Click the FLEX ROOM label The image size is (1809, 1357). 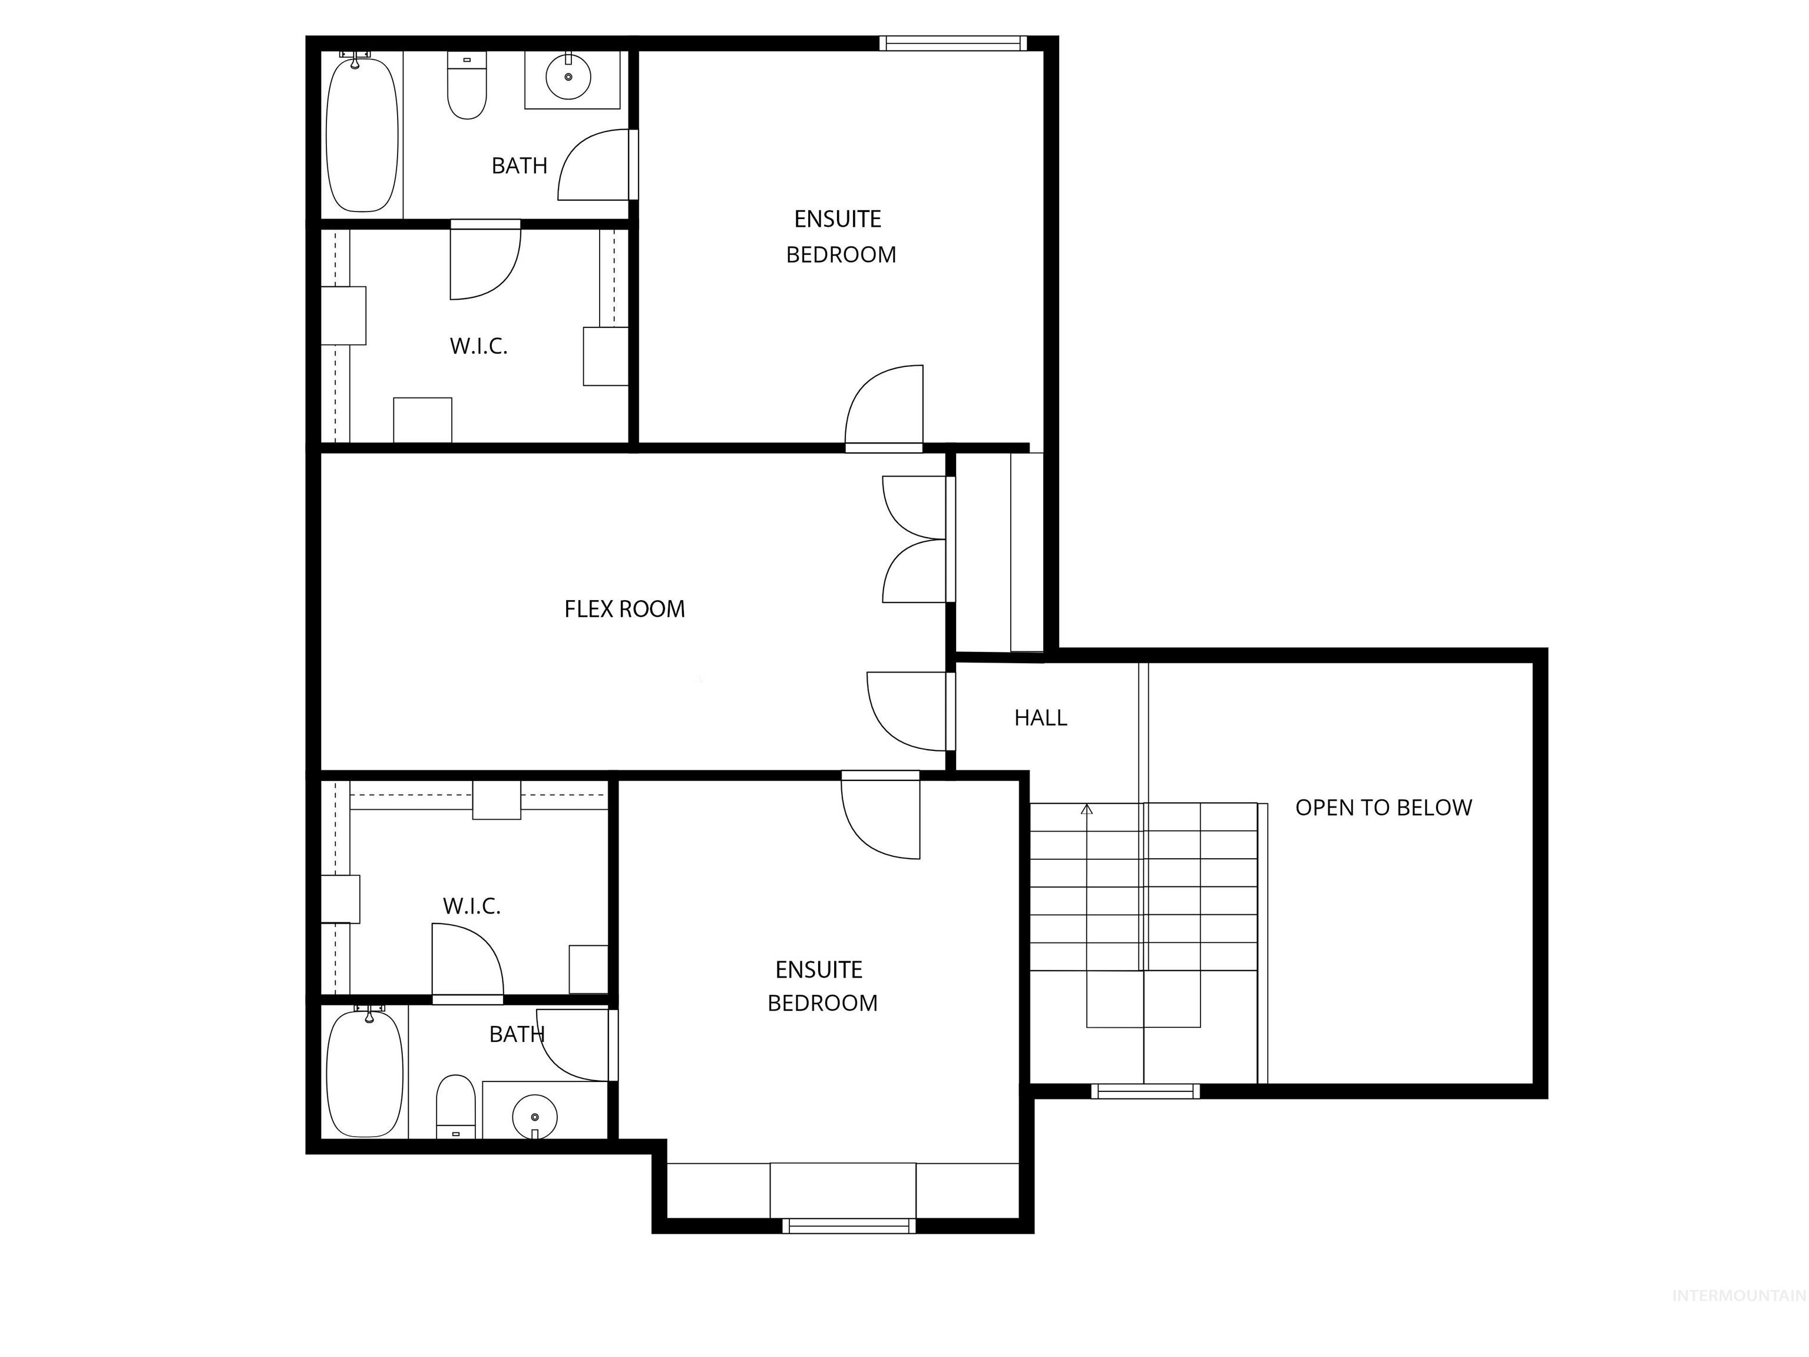624,609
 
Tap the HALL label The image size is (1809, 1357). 1040,718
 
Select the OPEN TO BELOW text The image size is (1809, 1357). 1383,807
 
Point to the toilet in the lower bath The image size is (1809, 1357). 455,1106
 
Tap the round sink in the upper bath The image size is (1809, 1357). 568,77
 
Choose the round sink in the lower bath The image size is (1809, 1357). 535,1116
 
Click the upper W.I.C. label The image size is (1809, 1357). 478,346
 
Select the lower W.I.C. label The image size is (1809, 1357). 472,906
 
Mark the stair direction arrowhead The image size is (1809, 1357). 1086,809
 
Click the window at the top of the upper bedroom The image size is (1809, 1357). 953,44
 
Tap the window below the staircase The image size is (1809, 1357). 1145,1091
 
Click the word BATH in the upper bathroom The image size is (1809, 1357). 520,166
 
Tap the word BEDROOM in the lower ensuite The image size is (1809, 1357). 822,1003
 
